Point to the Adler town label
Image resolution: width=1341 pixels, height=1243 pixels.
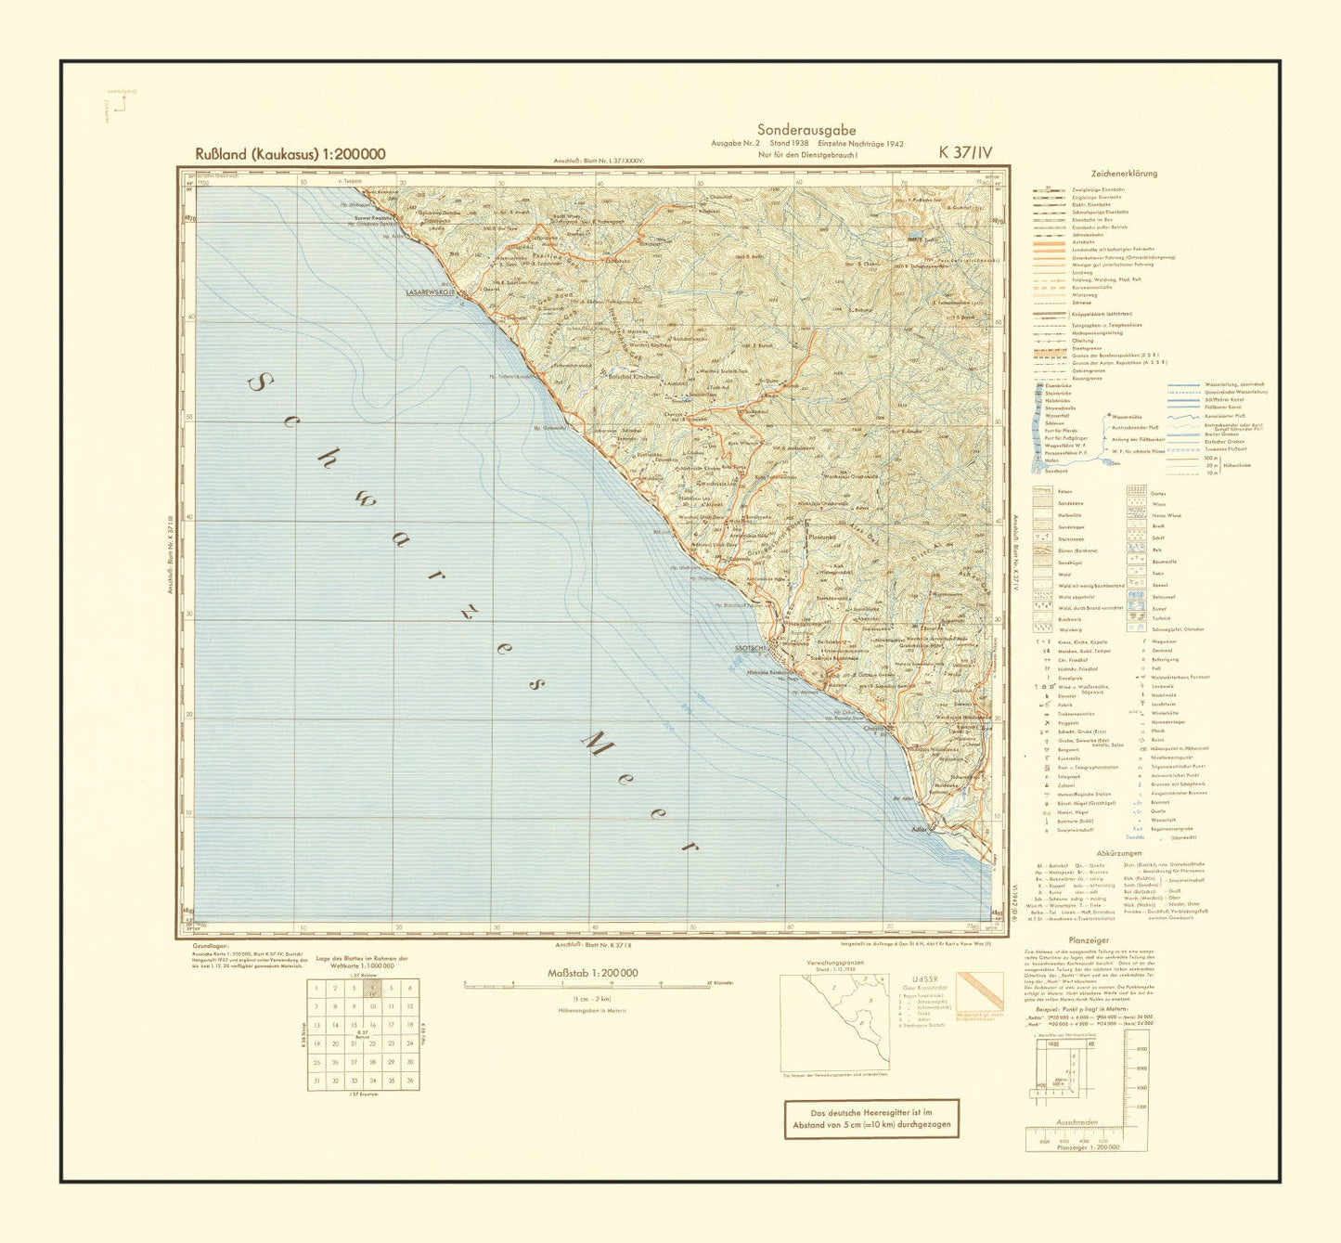pos(920,828)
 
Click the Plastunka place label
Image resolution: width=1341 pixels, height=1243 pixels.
pos(823,536)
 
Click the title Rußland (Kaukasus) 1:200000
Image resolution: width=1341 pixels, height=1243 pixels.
pos(290,154)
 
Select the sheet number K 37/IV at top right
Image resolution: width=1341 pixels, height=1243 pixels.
pos(965,153)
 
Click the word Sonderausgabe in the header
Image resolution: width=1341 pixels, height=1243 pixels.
pos(806,130)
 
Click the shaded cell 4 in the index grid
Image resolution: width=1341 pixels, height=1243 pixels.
pos(372,989)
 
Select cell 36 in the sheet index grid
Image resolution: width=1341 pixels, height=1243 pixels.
pos(409,1081)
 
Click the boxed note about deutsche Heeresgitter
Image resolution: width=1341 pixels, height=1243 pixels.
pos(870,1119)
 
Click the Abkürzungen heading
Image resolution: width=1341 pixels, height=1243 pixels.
pos(1118,852)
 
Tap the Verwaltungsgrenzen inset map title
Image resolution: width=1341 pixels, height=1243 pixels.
pos(835,963)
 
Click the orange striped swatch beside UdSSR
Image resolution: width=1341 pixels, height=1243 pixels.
pos(980,991)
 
